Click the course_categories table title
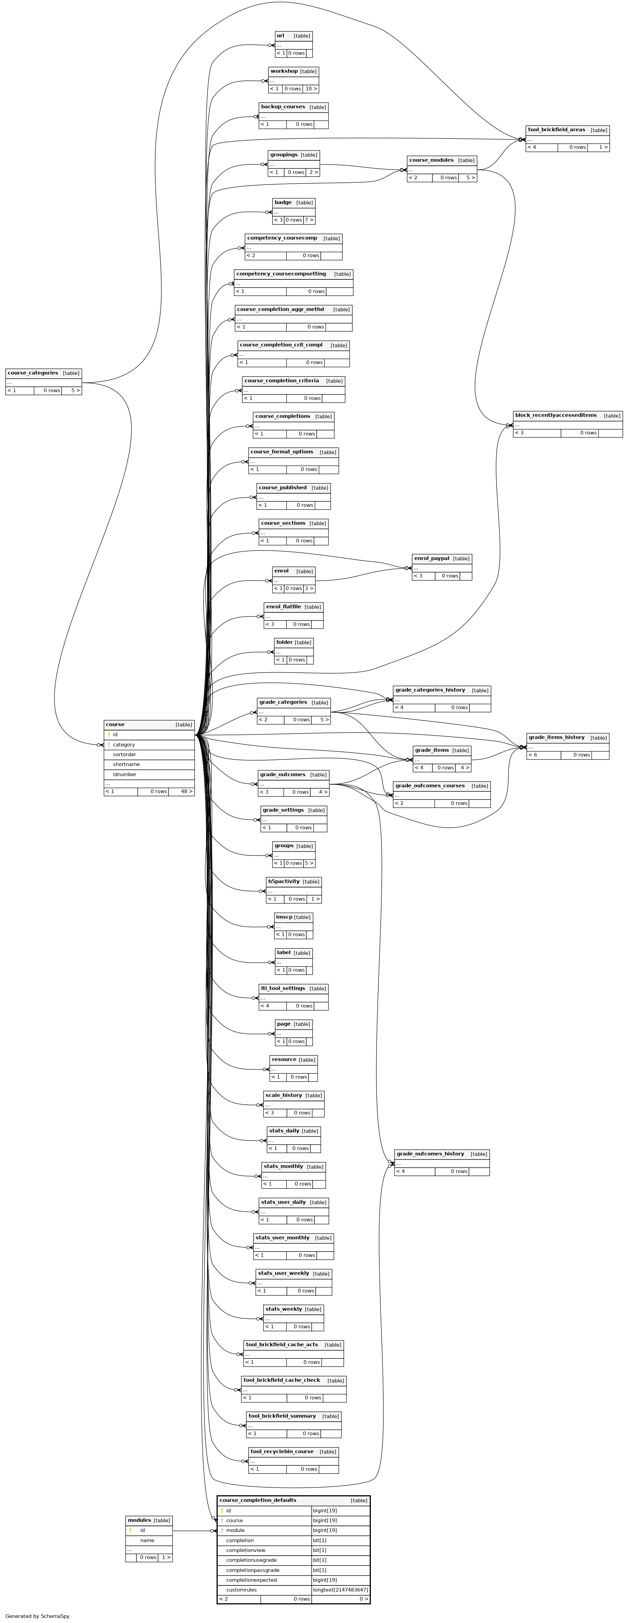[33, 373]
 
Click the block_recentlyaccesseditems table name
[556, 415]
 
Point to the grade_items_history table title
[556, 737]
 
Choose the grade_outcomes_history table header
[430, 1154]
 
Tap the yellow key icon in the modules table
[130, 1530]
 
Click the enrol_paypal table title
[431, 558]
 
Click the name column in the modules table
[148, 1540]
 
